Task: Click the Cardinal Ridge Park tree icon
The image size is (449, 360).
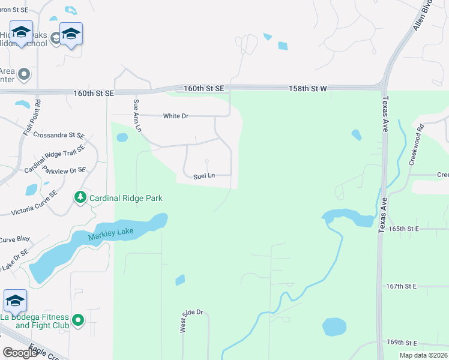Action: [80, 197]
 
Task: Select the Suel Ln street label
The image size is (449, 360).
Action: [204, 176]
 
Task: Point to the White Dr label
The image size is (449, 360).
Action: [176, 116]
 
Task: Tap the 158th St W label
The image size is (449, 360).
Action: [307, 88]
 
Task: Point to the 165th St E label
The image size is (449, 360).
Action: [402, 229]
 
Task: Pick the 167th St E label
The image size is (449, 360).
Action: [402, 286]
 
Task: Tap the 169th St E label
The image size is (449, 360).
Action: [402, 342]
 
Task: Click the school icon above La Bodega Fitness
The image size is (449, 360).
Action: [15, 300]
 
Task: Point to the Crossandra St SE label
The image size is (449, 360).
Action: [59, 135]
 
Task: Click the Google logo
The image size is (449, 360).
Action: [20, 352]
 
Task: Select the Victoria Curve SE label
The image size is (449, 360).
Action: [34, 203]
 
